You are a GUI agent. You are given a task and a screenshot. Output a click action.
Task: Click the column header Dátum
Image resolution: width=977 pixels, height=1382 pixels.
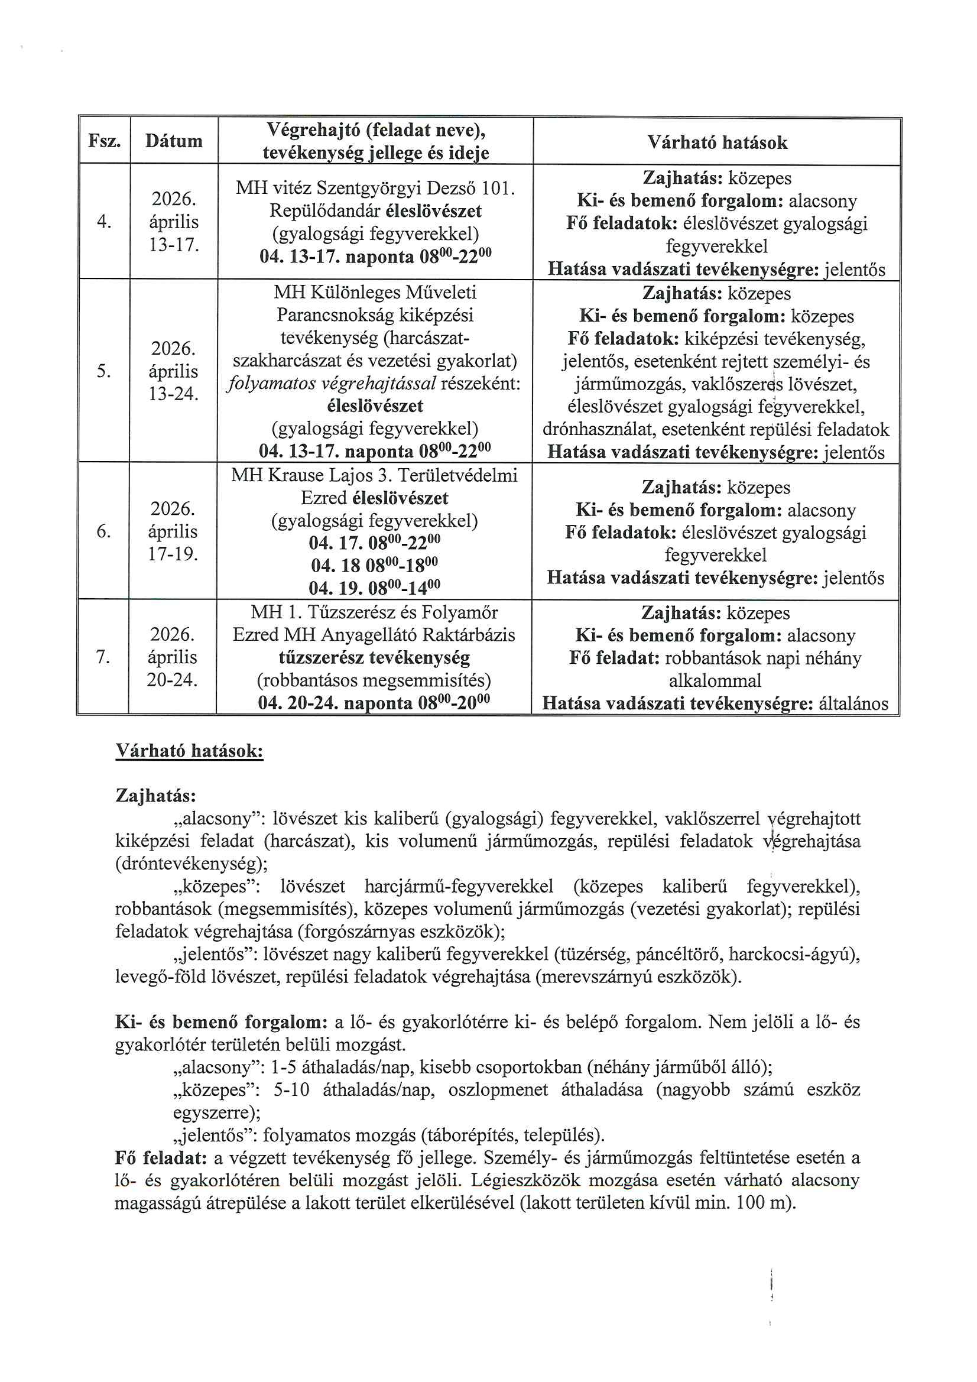pyautogui.click(x=173, y=141)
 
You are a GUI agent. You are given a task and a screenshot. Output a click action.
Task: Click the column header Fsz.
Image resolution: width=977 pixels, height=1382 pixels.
pyautogui.click(x=104, y=141)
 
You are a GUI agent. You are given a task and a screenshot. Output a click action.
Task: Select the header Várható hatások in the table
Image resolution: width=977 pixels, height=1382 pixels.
pyautogui.click(x=717, y=142)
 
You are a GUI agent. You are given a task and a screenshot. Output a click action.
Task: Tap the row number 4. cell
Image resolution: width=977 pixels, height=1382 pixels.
pyautogui.click(x=104, y=222)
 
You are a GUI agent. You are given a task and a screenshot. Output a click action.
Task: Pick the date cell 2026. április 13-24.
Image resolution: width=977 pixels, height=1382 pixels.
pyautogui.click(x=173, y=371)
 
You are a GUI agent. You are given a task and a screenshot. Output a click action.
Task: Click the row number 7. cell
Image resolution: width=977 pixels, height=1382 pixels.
pyautogui.click(x=103, y=657)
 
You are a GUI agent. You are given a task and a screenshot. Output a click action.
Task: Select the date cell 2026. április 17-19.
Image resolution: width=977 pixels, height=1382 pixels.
pyautogui.click(x=173, y=531)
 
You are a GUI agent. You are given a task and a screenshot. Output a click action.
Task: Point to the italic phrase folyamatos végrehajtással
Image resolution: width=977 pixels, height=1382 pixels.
pyautogui.click(x=332, y=384)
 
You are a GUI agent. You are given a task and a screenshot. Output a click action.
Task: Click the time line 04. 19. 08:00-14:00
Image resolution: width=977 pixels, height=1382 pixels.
pyautogui.click(x=374, y=587)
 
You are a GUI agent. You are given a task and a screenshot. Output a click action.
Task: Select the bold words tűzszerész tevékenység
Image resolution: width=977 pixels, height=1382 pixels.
pyautogui.click(x=374, y=657)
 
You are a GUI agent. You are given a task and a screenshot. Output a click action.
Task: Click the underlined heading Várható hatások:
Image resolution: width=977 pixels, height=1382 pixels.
pyautogui.click(x=189, y=751)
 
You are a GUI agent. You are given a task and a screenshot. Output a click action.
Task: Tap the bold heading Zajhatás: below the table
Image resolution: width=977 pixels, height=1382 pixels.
pyautogui.click(x=155, y=796)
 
